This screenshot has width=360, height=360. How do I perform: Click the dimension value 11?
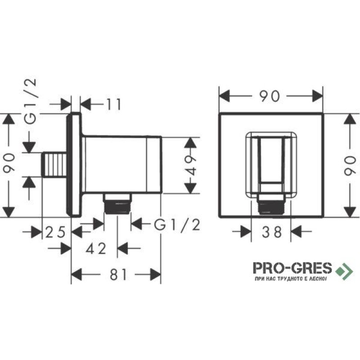click(114, 104)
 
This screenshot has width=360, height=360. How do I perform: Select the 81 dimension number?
click(118, 274)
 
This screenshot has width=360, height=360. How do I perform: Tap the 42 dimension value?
click(96, 248)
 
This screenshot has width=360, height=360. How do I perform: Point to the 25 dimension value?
click(55, 232)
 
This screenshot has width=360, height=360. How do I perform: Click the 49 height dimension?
click(190, 165)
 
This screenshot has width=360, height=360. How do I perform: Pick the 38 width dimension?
click(272, 232)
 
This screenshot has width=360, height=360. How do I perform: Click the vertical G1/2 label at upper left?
click(30, 102)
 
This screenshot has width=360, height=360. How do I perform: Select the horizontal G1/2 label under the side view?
click(177, 225)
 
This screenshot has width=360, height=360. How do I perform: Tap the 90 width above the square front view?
click(270, 96)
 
